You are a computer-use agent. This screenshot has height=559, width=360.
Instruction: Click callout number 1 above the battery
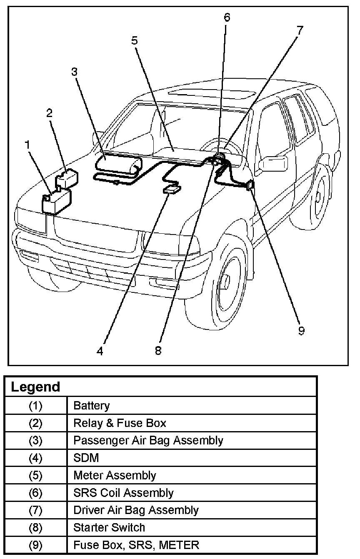(27, 145)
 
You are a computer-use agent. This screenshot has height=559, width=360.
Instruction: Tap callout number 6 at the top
(227, 17)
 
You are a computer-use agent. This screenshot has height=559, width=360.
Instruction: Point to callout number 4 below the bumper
(100, 351)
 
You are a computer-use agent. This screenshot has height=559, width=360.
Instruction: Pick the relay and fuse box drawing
(67, 178)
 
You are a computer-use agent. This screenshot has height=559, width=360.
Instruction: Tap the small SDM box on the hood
(172, 190)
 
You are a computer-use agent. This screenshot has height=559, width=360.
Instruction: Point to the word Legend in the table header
(35, 387)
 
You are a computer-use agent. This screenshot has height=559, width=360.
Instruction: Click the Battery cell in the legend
(91, 405)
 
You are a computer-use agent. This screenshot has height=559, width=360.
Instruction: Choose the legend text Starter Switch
(109, 527)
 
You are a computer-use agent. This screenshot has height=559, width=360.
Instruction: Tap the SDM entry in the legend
(86, 458)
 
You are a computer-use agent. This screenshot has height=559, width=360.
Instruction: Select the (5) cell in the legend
(35, 475)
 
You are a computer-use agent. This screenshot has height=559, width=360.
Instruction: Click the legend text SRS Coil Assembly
(123, 493)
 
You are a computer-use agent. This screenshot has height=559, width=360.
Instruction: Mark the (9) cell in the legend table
(35, 544)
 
